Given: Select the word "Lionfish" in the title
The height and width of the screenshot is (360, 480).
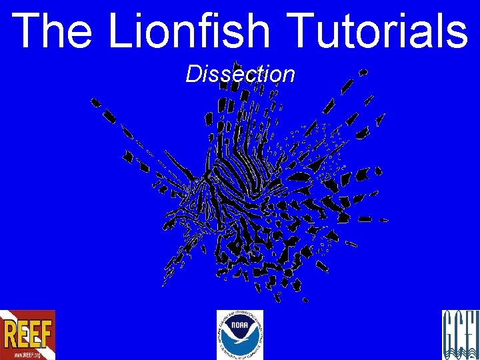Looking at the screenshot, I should click(x=189, y=31).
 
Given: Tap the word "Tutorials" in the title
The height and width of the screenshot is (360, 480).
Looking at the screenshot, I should click(x=379, y=31).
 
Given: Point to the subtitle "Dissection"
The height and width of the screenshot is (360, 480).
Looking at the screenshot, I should click(x=240, y=74).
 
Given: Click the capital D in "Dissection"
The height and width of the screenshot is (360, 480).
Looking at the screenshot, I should click(x=193, y=74).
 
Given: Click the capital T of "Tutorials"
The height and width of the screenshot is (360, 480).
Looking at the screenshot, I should click(x=303, y=31).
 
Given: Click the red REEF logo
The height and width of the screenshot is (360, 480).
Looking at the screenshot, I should click(x=27, y=335).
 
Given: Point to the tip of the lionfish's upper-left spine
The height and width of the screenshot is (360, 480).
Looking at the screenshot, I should click(x=95, y=102).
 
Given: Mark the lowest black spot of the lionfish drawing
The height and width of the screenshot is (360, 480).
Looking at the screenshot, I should click(x=305, y=299).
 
